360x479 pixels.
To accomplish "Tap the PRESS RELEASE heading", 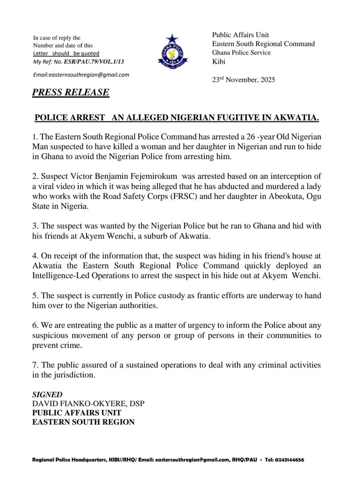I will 71,92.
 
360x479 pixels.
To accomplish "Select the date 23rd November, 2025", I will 243,79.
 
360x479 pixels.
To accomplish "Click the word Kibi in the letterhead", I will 219,61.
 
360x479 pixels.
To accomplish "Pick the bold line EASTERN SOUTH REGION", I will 84,422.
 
